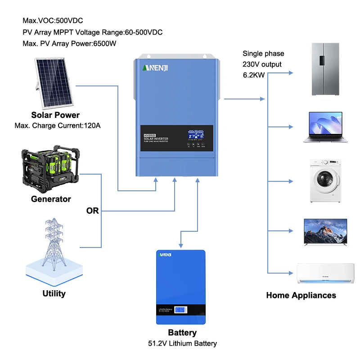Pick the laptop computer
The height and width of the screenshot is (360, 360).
click(x=325, y=127)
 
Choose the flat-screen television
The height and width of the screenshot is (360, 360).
click(x=325, y=233)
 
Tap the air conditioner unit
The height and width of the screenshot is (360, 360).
click(x=325, y=273)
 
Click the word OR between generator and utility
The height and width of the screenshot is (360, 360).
click(x=92, y=211)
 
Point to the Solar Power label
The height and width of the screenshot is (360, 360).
click(x=55, y=115)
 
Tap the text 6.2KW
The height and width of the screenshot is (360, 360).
click(x=254, y=75)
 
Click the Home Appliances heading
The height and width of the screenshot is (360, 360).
click(x=301, y=296)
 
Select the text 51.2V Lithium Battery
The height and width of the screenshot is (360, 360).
click(x=182, y=343)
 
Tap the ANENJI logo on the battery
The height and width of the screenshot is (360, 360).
click(x=166, y=255)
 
